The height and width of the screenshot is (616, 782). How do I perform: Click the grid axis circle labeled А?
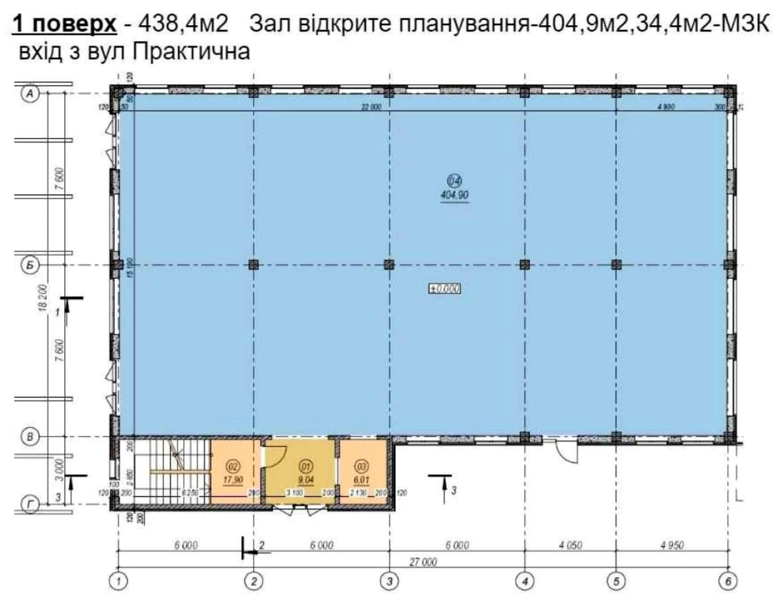(30, 93)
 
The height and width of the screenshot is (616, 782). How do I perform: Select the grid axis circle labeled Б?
(30, 265)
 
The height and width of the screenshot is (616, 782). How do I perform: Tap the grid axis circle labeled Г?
(30, 505)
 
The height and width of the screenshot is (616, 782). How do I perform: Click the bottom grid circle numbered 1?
(118, 581)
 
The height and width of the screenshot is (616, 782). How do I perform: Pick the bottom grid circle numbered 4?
(524, 581)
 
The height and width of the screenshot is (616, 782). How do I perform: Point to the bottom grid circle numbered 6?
(728, 581)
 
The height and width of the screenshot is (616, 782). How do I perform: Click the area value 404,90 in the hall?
(454, 195)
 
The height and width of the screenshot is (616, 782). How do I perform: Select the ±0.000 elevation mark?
(444, 288)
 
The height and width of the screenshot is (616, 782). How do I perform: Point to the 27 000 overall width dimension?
(423, 562)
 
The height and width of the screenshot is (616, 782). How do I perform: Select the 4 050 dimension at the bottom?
(570, 545)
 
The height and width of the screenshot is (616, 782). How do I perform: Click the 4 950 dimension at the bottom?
(672, 545)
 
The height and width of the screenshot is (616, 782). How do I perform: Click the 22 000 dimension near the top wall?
(371, 106)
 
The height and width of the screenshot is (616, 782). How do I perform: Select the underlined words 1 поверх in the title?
(64, 23)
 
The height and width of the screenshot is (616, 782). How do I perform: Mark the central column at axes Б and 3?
(389, 265)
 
